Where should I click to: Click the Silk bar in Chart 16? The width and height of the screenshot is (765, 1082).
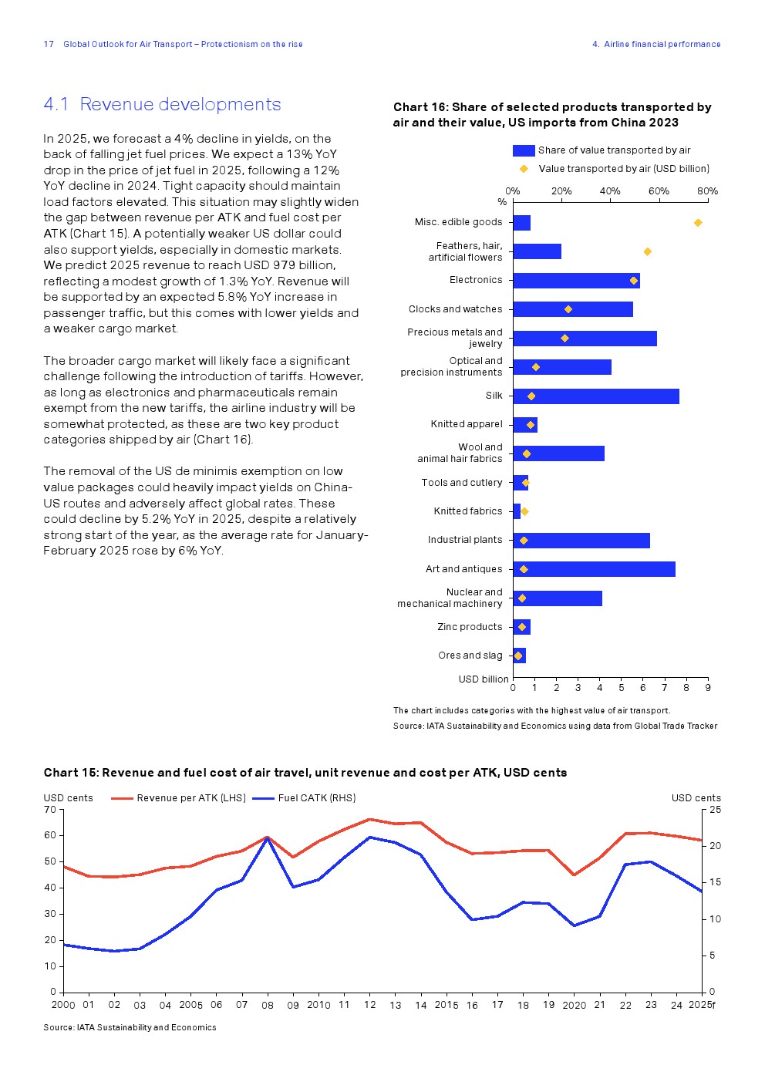pyautogui.click(x=595, y=396)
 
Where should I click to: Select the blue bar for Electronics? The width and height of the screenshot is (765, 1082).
pyautogui.click(x=576, y=281)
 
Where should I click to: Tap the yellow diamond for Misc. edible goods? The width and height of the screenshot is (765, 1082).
pyautogui.click(x=698, y=223)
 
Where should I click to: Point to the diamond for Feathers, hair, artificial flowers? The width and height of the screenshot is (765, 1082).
pyautogui.click(x=648, y=251)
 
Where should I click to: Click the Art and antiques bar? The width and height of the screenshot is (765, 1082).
pyautogui.click(x=594, y=569)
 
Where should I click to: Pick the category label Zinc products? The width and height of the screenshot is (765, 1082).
pyautogui.click(x=470, y=627)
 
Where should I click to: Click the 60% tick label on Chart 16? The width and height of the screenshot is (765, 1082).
pyautogui.click(x=659, y=191)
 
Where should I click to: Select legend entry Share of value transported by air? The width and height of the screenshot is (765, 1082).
pyautogui.click(x=614, y=150)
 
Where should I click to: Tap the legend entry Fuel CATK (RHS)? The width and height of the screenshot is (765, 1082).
pyautogui.click(x=316, y=798)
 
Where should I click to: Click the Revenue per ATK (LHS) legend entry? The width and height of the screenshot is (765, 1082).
pyautogui.click(x=190, y=798)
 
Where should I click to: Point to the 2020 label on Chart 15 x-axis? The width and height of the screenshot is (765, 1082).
pyautogui.click(x=575, y=1006)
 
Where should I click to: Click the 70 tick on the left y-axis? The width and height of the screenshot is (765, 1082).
pyautogui.click(x=50, y=810)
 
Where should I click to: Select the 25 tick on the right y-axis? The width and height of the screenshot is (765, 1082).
pyautogui.click(x=716, y=810)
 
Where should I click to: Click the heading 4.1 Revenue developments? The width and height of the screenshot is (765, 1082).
pyautogui.click(x=162, y=104)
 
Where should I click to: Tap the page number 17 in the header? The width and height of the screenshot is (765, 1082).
pyautogui.click(x=49, y=44)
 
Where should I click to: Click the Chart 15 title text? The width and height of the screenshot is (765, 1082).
pyautogui.click(x=305, y=773)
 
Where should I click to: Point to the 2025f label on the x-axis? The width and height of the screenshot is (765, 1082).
pyautogui.click(x=702, y=1005)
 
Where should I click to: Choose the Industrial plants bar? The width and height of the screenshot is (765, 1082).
pyautogui.click(x=581, y=541)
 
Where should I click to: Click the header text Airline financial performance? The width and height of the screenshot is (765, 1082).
pyautogui.click(x=662, y=44)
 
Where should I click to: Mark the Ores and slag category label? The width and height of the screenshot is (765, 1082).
pyautogui.click(x=470, y=656)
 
